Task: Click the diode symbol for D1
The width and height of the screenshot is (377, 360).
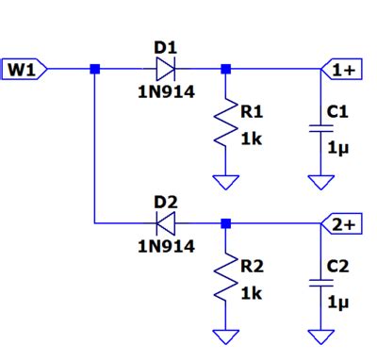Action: pos(166,69)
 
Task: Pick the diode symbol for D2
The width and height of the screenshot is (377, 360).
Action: pos(166,224)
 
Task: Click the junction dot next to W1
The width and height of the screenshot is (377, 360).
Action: pos(94,69)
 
